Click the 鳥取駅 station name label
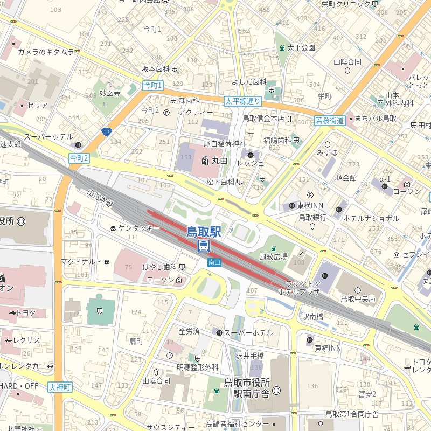pyautogui.click(x=204, y=232)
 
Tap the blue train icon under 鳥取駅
pyautogui.click(x=204, y=246)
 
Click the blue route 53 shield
pyautogui.click(x=107, y=131)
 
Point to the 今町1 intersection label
pyautogui.click(x=152, y=85)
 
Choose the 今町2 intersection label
pyautogui.click(x=79, y=158)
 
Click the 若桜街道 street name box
pyautogui.click(x=329, y=121)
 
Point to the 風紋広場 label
pyautogui.click(x=274, y=256)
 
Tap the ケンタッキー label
pyautogui.click(x=139, y=228)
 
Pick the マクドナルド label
pyautogui.click(x=81, y=261)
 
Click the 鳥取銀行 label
pyautogui.click(x=312, y=218)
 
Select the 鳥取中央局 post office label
pyautogui.click(x=357, y=298)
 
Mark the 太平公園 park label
pyautogui.click(x=301, y=47)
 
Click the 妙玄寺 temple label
pyautogui.click(x=110, y=93)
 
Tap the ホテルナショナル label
pyautogui.click(x=371, y=218)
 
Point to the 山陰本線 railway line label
pyautogui.click(x=100, y=197)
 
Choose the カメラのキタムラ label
pyautogui.click(x=46, y=52)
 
